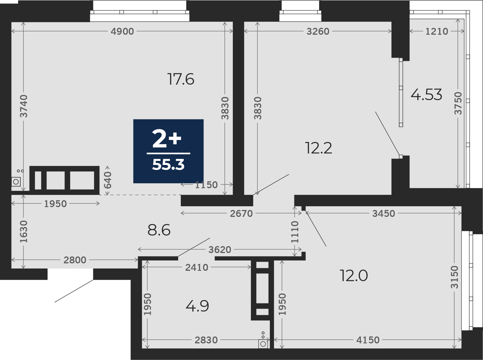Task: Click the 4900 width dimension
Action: point(123,31)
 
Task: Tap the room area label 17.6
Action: point(181,79)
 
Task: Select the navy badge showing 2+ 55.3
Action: point(168,151)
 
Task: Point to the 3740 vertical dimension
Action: point(24,106)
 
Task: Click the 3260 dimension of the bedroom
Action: point(318,31)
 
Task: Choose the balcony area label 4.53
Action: point(426,95)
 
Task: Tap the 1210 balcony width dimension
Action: point(437,31)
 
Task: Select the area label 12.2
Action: point(319,148)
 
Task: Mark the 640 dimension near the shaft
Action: point(108,180)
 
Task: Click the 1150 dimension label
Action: point(206,185)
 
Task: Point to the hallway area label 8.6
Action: point(159,230)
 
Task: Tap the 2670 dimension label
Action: point(241,213)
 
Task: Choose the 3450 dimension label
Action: point(384,213)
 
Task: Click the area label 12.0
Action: point(354,276)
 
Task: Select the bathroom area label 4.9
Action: point(197,306)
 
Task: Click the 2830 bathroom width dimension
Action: point(206,340)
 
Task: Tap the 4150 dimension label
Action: point(368,340)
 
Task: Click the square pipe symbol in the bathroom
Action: point(263,344)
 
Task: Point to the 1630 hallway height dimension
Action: point(24,231)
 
